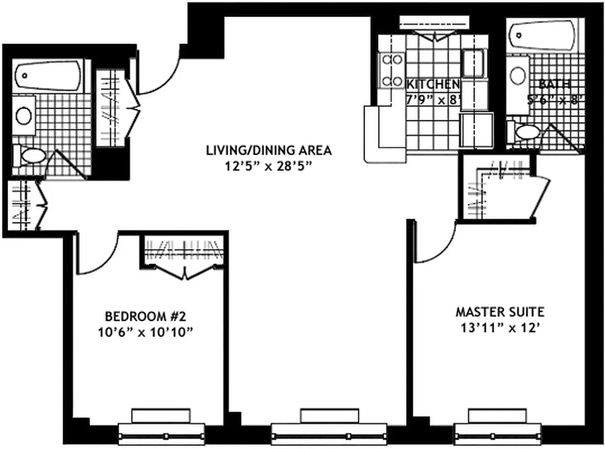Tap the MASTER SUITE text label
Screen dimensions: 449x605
coord(499,311)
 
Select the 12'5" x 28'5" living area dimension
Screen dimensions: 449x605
coord(268,166)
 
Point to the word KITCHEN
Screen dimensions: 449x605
coord(433,84)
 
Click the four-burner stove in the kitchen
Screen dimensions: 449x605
coord(392,70)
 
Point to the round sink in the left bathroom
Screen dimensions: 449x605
coord(24,116)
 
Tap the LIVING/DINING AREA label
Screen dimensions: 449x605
coord(268,150)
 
